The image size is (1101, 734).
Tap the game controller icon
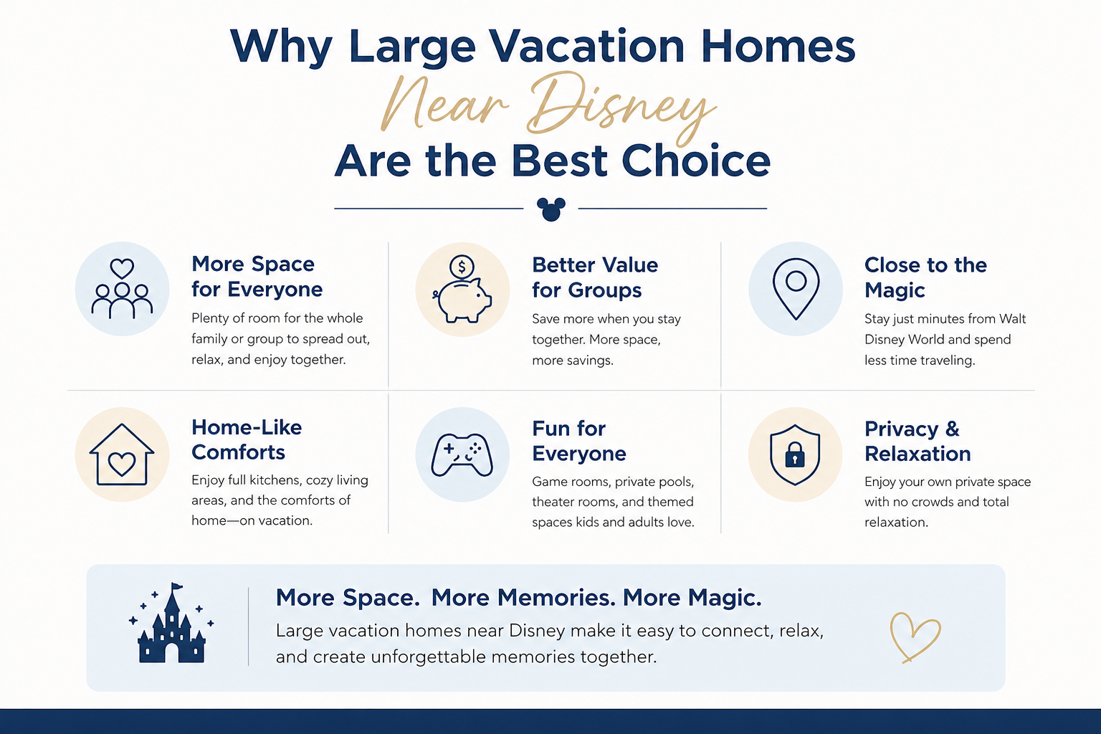point(462,455)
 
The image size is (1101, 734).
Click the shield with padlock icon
point(795,455)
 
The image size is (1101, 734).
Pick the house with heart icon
point(122,455)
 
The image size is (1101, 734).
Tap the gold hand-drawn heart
point(914,636)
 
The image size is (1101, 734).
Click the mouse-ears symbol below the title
point(550,209)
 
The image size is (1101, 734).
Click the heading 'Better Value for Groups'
point(594,277)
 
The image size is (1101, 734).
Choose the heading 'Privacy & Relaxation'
point(917,441)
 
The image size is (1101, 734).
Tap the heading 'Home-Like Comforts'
point(246,439)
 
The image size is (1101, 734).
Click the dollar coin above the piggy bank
point(462,267)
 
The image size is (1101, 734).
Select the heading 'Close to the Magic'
point(925,277)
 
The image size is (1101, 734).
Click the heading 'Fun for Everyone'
point(578,441)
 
